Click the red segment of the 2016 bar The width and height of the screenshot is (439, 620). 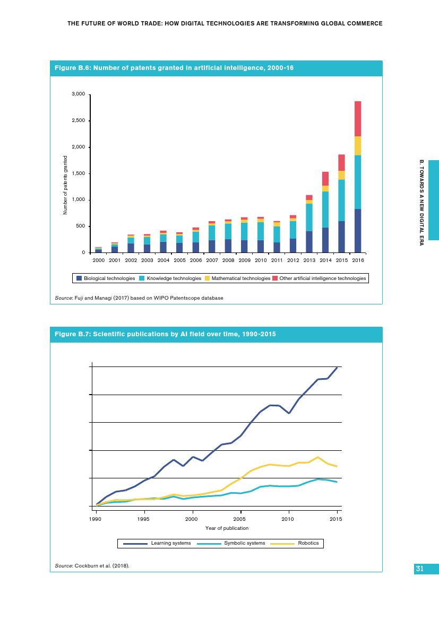[358, 119]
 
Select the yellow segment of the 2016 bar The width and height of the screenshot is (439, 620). [358, 145]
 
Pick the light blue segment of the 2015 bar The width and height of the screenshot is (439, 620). [341, 200]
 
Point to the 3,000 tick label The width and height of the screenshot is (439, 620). [79, 94]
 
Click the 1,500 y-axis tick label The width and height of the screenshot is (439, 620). [79, 173]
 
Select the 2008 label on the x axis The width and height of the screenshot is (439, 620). [228, 261]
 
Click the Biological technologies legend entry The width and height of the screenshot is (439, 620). [106, 278]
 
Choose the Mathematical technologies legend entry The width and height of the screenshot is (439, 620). [237, 278]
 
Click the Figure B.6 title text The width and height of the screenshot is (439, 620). [174, 68]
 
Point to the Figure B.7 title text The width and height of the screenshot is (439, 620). [165, 334]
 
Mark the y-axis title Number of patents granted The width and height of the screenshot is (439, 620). [65, 185]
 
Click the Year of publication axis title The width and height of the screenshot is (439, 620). [227, 528]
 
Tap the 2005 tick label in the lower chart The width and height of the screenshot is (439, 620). [240, 519]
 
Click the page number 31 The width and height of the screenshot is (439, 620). [419, 569]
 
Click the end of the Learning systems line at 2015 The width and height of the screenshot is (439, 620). [337, 368]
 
